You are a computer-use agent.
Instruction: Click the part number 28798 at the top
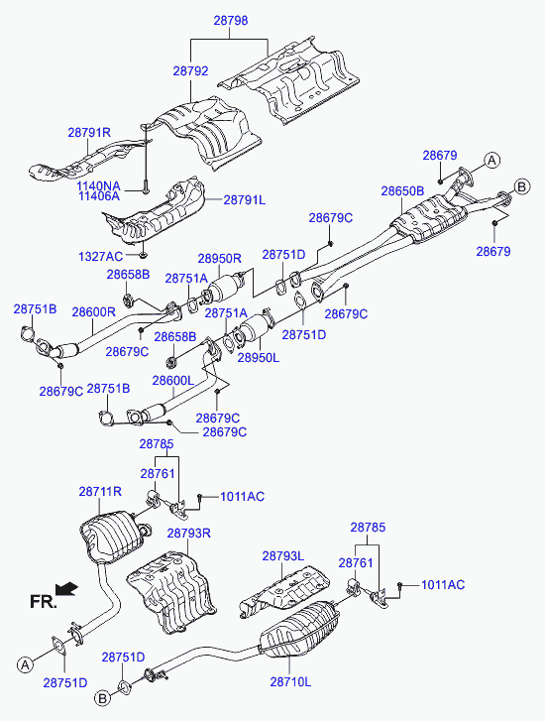tap(231, 21)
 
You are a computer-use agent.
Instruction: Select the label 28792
tap(190, 71)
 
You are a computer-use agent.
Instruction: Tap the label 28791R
tap(89, 133)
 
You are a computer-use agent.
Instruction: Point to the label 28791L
tap(245, 200)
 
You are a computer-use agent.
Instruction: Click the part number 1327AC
tap(101, 257)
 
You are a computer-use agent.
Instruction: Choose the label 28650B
tap(402, 190)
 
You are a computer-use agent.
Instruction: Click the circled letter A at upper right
tap(492, 161)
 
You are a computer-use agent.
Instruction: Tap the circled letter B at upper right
tap(521, 186)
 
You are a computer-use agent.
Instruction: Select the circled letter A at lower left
tap(26, 664)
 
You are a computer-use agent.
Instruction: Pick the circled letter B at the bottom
tap(102, 698)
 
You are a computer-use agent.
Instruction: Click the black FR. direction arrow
tap(66, 588)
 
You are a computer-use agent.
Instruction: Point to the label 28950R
tap(220, 259)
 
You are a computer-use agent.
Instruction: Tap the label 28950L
tap(259, 357)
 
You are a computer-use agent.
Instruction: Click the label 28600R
tap(94, 312)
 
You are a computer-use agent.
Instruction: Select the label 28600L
tap(173, 381)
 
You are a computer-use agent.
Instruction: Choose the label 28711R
tap(100, 492)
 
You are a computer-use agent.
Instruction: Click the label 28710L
tap(290, 682)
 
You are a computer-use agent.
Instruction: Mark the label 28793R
tap(189, 534)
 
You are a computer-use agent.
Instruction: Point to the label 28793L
tap(283, 556)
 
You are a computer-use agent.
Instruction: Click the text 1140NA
tap(98, 186)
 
